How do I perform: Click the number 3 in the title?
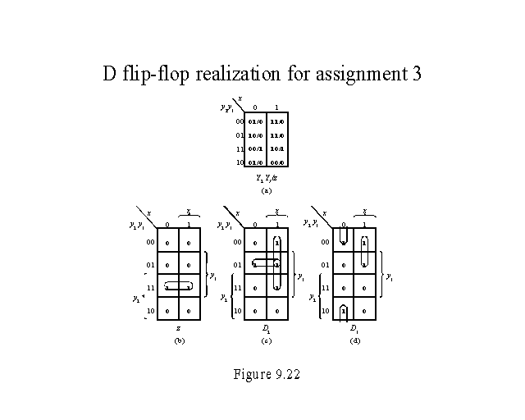416,75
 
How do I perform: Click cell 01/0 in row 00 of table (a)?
255,121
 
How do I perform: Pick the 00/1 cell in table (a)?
255,149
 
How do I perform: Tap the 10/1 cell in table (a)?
276,149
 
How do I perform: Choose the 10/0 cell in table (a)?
255,135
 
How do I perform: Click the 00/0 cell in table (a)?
276,163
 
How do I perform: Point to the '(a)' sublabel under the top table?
265,189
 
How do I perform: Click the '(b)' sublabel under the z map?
178,340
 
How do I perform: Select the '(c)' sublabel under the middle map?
265,340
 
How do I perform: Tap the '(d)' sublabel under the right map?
354,340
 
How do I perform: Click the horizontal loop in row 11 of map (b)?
178,287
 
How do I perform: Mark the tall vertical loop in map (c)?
277,265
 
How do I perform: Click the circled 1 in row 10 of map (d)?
345,311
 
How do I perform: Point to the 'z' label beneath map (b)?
178,328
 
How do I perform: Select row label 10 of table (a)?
239,163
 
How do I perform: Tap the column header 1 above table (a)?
276,107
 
